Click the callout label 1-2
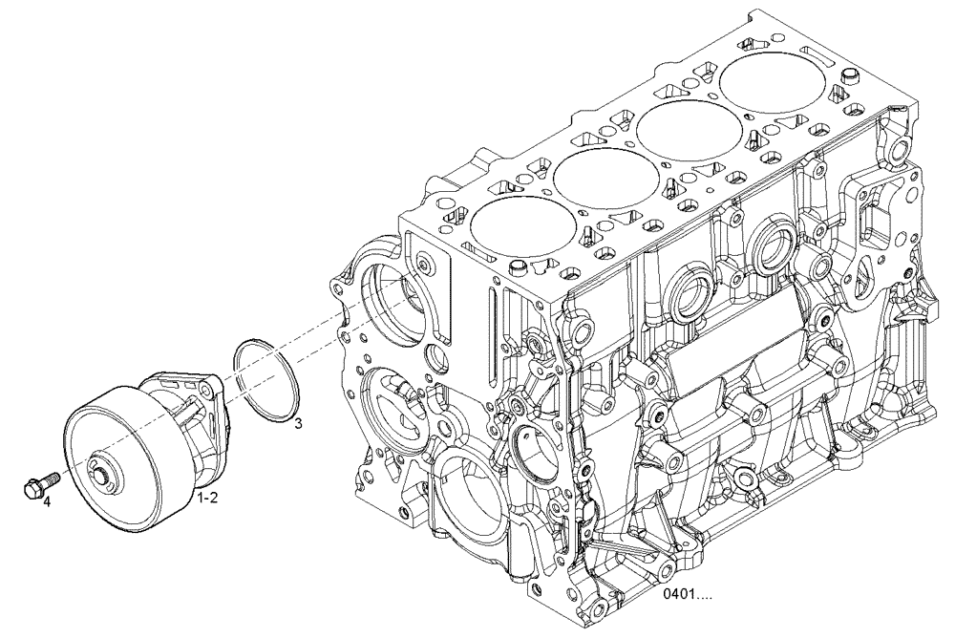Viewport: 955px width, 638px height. point(208,498)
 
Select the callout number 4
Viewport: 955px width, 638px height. point(46,500)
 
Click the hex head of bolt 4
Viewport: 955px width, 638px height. point(32,487)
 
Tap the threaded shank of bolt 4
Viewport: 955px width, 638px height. point(51,478)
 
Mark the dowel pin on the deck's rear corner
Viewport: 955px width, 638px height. point(847,75)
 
